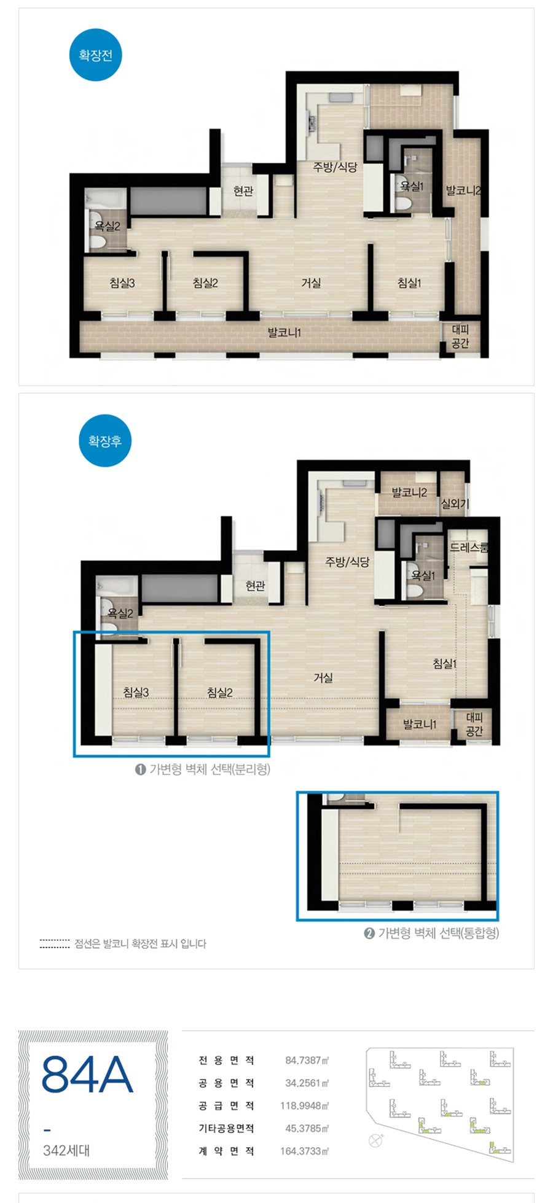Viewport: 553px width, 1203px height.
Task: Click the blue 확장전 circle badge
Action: [x=96, y=55]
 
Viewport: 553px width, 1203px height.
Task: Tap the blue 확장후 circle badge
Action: [x=105, y=441]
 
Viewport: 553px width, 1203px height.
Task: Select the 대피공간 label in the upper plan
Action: [x=460, y=337]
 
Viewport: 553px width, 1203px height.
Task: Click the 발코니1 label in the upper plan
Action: [x=284, y=333]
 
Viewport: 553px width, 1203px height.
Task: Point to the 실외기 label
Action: [x=455, y=504]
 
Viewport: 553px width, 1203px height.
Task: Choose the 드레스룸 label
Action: [x=469, y=547]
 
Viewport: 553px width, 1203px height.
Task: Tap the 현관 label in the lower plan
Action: [x=255, y=586]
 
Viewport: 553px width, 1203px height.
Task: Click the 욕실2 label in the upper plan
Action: [x=108, y=226]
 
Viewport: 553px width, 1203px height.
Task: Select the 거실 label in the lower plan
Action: [x=323, y=677]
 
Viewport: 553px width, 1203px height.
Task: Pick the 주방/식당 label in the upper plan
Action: [x=335, y=167]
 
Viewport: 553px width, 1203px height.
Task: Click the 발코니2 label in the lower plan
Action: [x=409, y=492]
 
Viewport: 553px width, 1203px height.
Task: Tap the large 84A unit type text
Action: [x=87, y=1075]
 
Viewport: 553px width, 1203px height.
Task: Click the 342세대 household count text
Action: [x=66, y=1150]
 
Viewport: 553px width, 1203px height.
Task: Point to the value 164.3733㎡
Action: [x=305, y=1151]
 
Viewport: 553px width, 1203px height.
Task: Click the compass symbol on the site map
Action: [x=375, y=1140]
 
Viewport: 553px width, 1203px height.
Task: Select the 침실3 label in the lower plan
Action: [x=136, y=692]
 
